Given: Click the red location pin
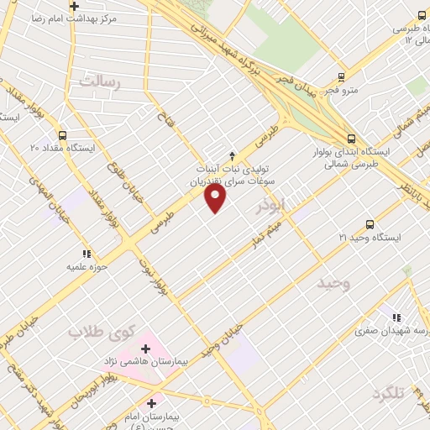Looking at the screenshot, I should point(216,198).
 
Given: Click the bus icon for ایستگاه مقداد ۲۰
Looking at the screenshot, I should point(62,134).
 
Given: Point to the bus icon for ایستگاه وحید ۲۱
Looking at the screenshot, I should point(370,224).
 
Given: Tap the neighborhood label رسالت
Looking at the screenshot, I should point(100,81).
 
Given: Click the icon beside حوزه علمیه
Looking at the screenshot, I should point(86,253).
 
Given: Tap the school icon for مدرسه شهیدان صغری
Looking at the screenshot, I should point(396,317).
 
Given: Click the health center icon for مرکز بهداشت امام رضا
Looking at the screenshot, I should point(74,6).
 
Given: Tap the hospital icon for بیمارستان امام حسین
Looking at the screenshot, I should point(151,402).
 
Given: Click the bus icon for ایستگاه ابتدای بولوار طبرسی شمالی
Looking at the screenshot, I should point(351,139).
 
